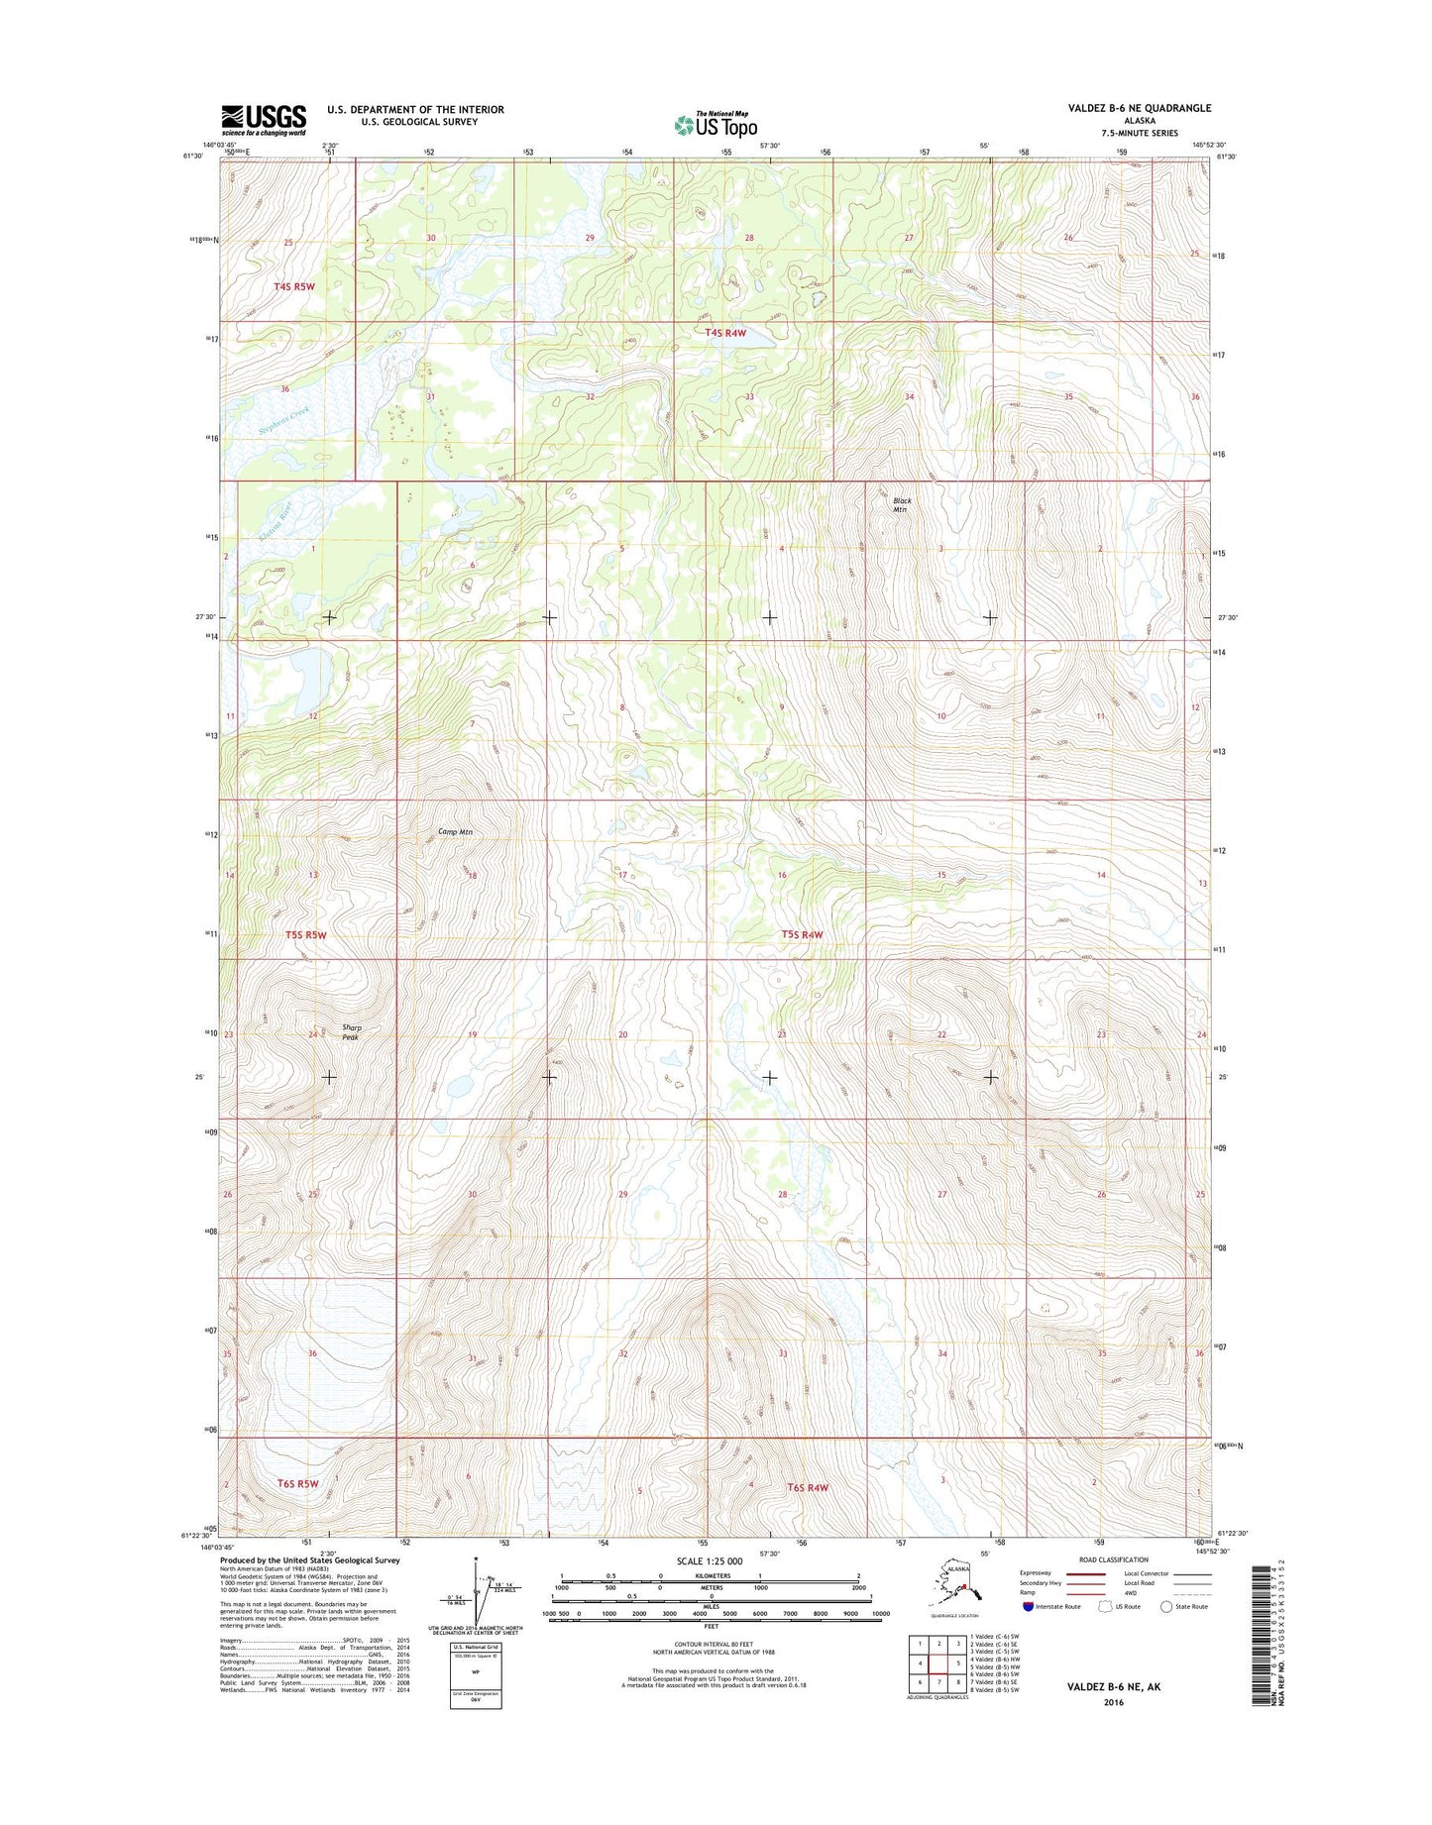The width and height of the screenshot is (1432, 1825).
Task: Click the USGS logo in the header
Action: [x=263, y=120]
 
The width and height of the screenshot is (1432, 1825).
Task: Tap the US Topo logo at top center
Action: [x=716, y=125]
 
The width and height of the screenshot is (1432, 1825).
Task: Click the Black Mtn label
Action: [x=901, y=505]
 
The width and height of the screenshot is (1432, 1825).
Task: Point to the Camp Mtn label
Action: [x=455, y=831]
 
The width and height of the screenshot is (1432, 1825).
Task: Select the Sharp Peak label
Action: [x=351, y=1032]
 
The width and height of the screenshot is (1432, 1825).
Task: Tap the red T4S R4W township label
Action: [x=724, y=334]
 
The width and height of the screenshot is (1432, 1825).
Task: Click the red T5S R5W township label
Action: [x=305, y=934]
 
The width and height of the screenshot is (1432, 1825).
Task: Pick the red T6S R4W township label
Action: [x=807, y=1487]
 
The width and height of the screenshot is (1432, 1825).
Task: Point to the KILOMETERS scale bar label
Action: [x=710, y=1575]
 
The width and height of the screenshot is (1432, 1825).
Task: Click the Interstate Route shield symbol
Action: [x=1028, y=1606]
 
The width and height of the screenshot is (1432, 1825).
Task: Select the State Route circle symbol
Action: [x=1166, y=1606]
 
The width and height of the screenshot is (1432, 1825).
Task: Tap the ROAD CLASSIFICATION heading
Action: [x=1114, y=1559]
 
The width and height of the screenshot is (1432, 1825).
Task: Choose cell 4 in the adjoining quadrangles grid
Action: [x=920, y=1664]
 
